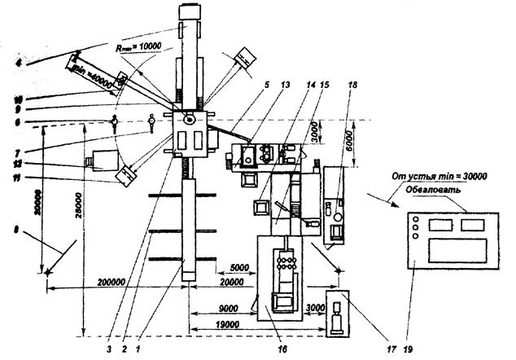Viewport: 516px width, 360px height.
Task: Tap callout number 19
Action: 409,350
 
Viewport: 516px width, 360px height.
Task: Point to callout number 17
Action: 390,350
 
